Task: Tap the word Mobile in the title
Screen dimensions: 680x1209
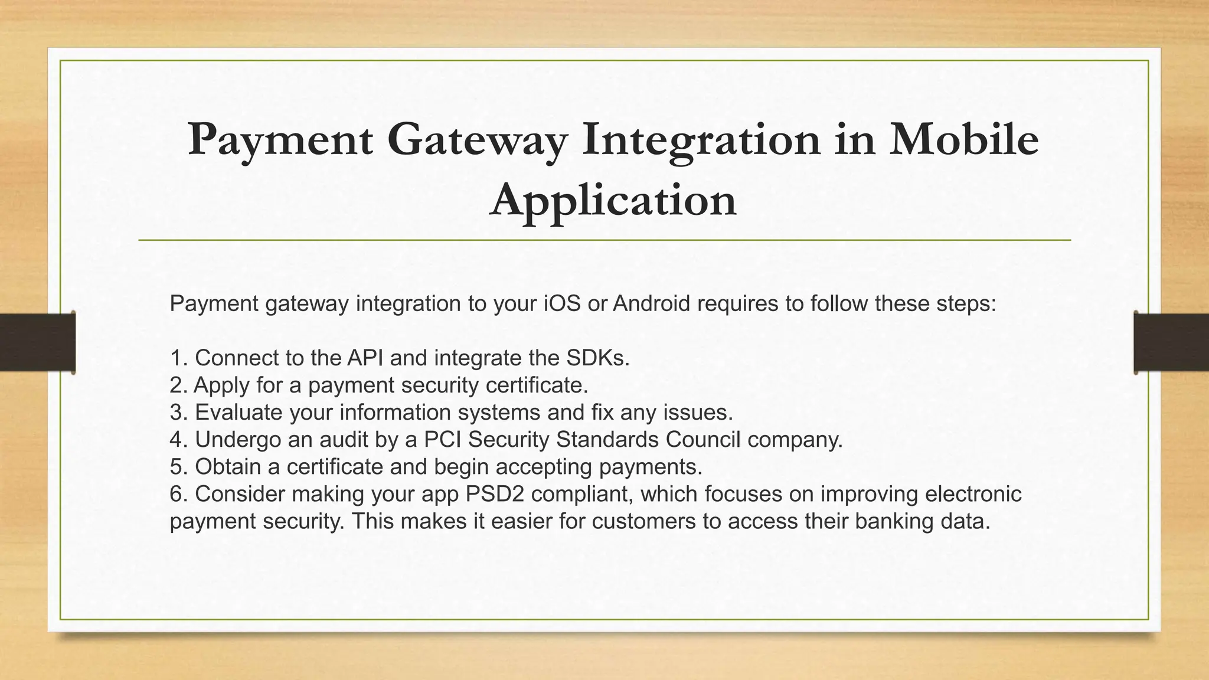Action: coord(963,140)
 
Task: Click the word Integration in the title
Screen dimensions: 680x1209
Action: coord(700,140)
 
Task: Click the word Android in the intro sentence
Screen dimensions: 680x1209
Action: coord(651,303)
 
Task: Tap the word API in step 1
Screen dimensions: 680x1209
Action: coord(364,358)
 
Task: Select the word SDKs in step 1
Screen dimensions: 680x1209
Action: coord(597,358)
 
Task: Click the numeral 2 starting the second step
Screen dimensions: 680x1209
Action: coord(175,385)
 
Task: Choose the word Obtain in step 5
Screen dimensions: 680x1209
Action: coord(228,466)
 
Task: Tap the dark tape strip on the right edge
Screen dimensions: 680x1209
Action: coord(1171,342)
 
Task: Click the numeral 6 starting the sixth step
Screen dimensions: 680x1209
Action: coord(175,493)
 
